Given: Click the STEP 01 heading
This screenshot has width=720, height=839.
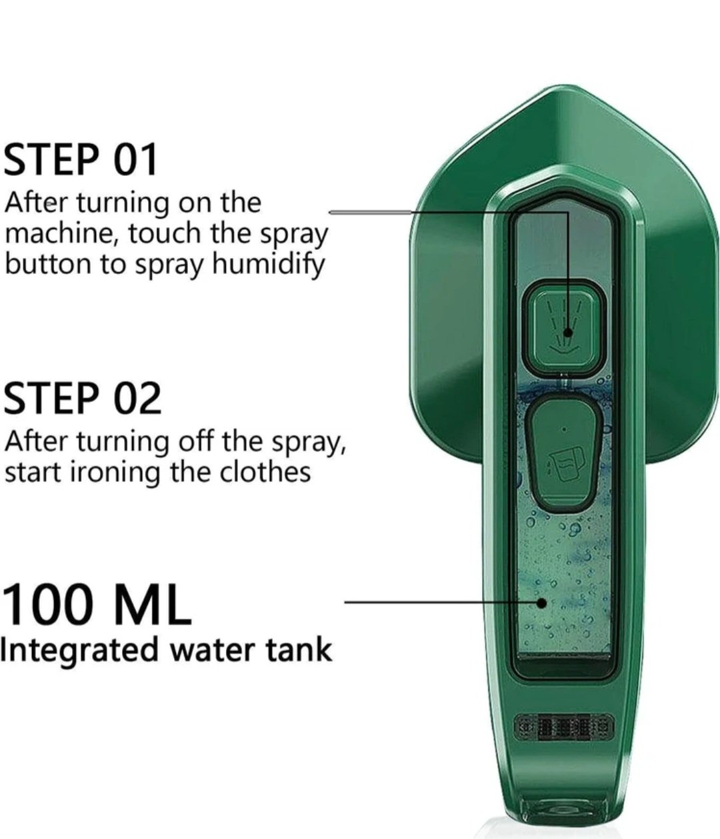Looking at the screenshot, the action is pos(81,159).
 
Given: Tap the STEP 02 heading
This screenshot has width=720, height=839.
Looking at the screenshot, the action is pos(83,399).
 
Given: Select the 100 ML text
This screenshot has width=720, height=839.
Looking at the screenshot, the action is pos(97,604).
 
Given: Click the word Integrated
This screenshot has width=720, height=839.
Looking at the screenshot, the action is pos(79,652).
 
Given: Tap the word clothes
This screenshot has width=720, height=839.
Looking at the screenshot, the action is pos(265,472).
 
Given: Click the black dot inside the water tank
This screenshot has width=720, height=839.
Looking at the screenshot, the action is pos(541,603).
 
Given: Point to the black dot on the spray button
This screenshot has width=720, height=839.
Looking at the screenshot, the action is pos(569,333).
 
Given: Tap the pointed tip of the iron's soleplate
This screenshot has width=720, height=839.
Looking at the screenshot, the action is pos(565,86).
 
